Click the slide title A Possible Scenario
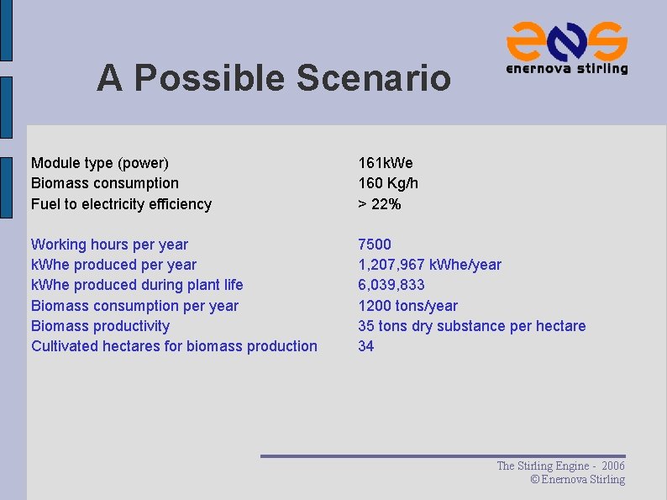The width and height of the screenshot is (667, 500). pos(273,78)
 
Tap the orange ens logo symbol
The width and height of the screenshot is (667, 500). pos(567,39)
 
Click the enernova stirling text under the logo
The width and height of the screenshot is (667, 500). pos(567,69)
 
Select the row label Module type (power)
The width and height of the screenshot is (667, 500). pos(100,163)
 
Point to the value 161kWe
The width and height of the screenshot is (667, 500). pos(386,163)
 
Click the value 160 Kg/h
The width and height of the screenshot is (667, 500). pos(388,183)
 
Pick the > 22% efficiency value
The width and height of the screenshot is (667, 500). pos(380,204)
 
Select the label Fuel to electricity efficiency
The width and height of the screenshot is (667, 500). pos(121,204)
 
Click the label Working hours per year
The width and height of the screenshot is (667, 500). pos(109,245)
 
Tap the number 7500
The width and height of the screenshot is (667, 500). pos(375,245)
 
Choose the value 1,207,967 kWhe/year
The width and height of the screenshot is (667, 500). pos(429,265)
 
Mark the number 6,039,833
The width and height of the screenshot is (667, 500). pos(391,285)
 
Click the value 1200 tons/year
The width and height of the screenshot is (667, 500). pos(408,306)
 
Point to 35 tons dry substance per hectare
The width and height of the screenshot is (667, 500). pos(472,326)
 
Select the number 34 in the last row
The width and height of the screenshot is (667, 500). pos(366,346)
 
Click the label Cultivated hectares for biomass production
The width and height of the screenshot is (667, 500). pos(174,346)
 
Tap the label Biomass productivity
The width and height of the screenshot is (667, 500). pos(100,326)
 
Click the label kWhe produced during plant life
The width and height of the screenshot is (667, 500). pos(137,285)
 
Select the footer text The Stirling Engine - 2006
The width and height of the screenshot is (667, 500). pos(560,466)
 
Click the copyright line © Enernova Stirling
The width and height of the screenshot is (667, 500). pos(578,480)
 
